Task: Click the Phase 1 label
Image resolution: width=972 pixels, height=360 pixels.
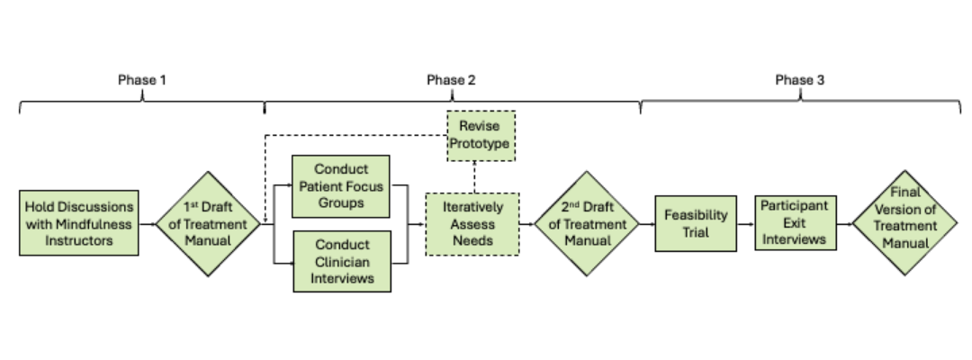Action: click(x=142, y=80)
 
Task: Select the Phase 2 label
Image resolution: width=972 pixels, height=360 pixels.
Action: click(x=451, y=80)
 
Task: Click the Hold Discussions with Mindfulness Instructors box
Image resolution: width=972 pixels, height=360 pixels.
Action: click(x=79, y=222)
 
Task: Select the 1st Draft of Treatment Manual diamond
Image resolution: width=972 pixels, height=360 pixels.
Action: click(x=208, y=222)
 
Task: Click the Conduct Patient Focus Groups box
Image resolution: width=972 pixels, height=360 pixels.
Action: click(x=341, y=186)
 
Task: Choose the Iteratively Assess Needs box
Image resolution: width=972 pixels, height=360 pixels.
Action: click(x=472, y=223)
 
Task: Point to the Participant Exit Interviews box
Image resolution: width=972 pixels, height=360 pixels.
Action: click(x=790, y=223)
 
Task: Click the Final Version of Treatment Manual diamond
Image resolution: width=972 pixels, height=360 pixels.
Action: click(x=903, y=221)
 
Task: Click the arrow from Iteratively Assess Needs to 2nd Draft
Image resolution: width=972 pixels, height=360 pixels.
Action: click(x=527, y=223)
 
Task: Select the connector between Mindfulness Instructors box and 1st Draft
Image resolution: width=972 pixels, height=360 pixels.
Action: click(x=148, y=222)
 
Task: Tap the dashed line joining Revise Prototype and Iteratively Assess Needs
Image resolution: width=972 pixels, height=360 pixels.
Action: click(x=474, y=176)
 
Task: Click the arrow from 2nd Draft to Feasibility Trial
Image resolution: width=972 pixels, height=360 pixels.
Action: click(x=646, y=223)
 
